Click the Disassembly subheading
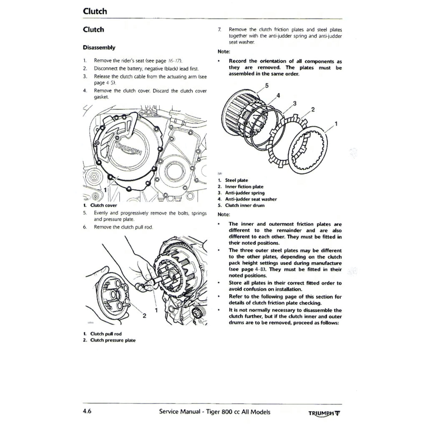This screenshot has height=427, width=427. pyautogui.click(x=99, y=48)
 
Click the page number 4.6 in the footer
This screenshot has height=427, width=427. pyautogui.click(x=87, y=412)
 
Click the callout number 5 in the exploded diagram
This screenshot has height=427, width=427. pyautogui.click(x=267, y=86)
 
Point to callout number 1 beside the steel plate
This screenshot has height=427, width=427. pyautogui.click(x=337, y=124)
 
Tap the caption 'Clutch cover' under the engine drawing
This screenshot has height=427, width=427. pyautogui.click(x=103, y=205)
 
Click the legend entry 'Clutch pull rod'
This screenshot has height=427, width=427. pyautogui.click(x=107, y=334)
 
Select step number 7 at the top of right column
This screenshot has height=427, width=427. pyautogui.click(x=220, y=30)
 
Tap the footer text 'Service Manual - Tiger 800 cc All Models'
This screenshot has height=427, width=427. pyautogui.click(x=214, y=412)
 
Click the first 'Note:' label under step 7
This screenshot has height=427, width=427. pyautogui.click(x=224, y=52)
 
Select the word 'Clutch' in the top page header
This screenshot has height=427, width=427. pyautogui.click(x=95, y=11)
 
